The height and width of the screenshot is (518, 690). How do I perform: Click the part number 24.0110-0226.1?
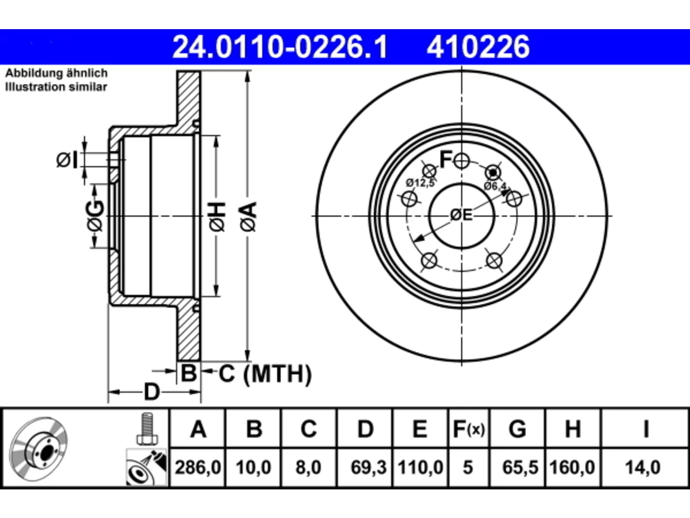pos(280,47)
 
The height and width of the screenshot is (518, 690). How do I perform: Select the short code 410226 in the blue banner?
pos(478,47)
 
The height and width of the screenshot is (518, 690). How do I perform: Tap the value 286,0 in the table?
pos(198,467)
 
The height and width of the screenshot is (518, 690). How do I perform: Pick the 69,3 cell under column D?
pos(368,467)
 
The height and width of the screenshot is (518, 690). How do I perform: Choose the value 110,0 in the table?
pos(420,467)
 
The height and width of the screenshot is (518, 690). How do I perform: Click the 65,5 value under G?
pos(520,467)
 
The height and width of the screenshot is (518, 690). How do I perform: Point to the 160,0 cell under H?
pos(572,467)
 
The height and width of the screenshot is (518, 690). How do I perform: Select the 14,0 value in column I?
pos(643,467)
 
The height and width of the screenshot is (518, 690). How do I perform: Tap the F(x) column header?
pos(468,430)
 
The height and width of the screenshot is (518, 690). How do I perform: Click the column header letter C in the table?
pos(309,430)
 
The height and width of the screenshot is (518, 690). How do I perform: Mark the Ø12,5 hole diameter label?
pos(420,182)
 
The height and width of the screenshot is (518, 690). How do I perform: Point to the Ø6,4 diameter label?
pos(496,186)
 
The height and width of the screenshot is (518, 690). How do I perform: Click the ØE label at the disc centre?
pos(461,215)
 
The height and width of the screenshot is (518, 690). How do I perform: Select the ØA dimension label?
pos(249,217)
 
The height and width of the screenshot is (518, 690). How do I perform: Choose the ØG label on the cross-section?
pos(95,216)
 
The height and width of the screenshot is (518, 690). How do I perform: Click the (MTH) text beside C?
pos(278,374)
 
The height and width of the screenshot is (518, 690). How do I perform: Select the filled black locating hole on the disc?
pos(493,173)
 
